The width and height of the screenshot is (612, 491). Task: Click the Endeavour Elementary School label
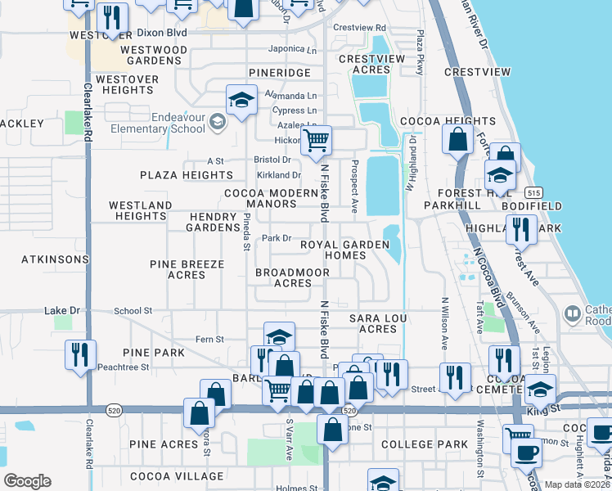click(x=167, y=123)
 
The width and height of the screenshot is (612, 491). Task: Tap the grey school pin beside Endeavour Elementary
click(x=217, y=123)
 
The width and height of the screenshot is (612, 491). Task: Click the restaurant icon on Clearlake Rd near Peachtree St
click(x=80, y=355)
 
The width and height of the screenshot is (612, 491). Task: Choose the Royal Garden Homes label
click(x=333, y=250)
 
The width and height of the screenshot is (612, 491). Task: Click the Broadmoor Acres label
click(x=284, y=277)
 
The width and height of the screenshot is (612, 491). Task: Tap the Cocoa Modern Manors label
click(x=271, y=199)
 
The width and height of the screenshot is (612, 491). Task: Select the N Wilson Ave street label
click(x=445, y=320)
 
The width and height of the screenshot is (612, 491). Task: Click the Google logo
click(x=27, y=481)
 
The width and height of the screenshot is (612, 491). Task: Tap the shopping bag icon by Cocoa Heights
click(x=457, y=140)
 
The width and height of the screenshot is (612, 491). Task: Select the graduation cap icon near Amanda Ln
click(x=241, y=101)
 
